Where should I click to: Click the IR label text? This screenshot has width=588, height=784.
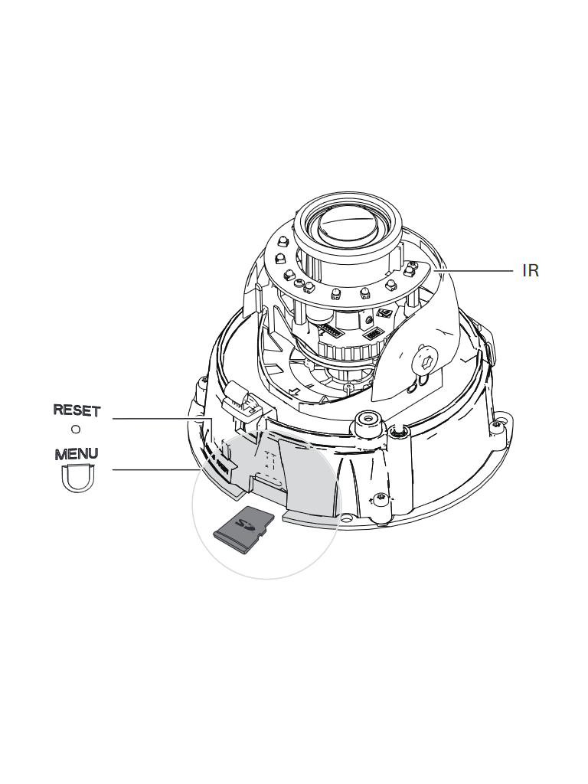531,270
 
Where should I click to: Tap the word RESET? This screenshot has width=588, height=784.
76,410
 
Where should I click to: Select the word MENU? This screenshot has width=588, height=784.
76,453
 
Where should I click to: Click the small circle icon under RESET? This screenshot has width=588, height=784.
76,430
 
